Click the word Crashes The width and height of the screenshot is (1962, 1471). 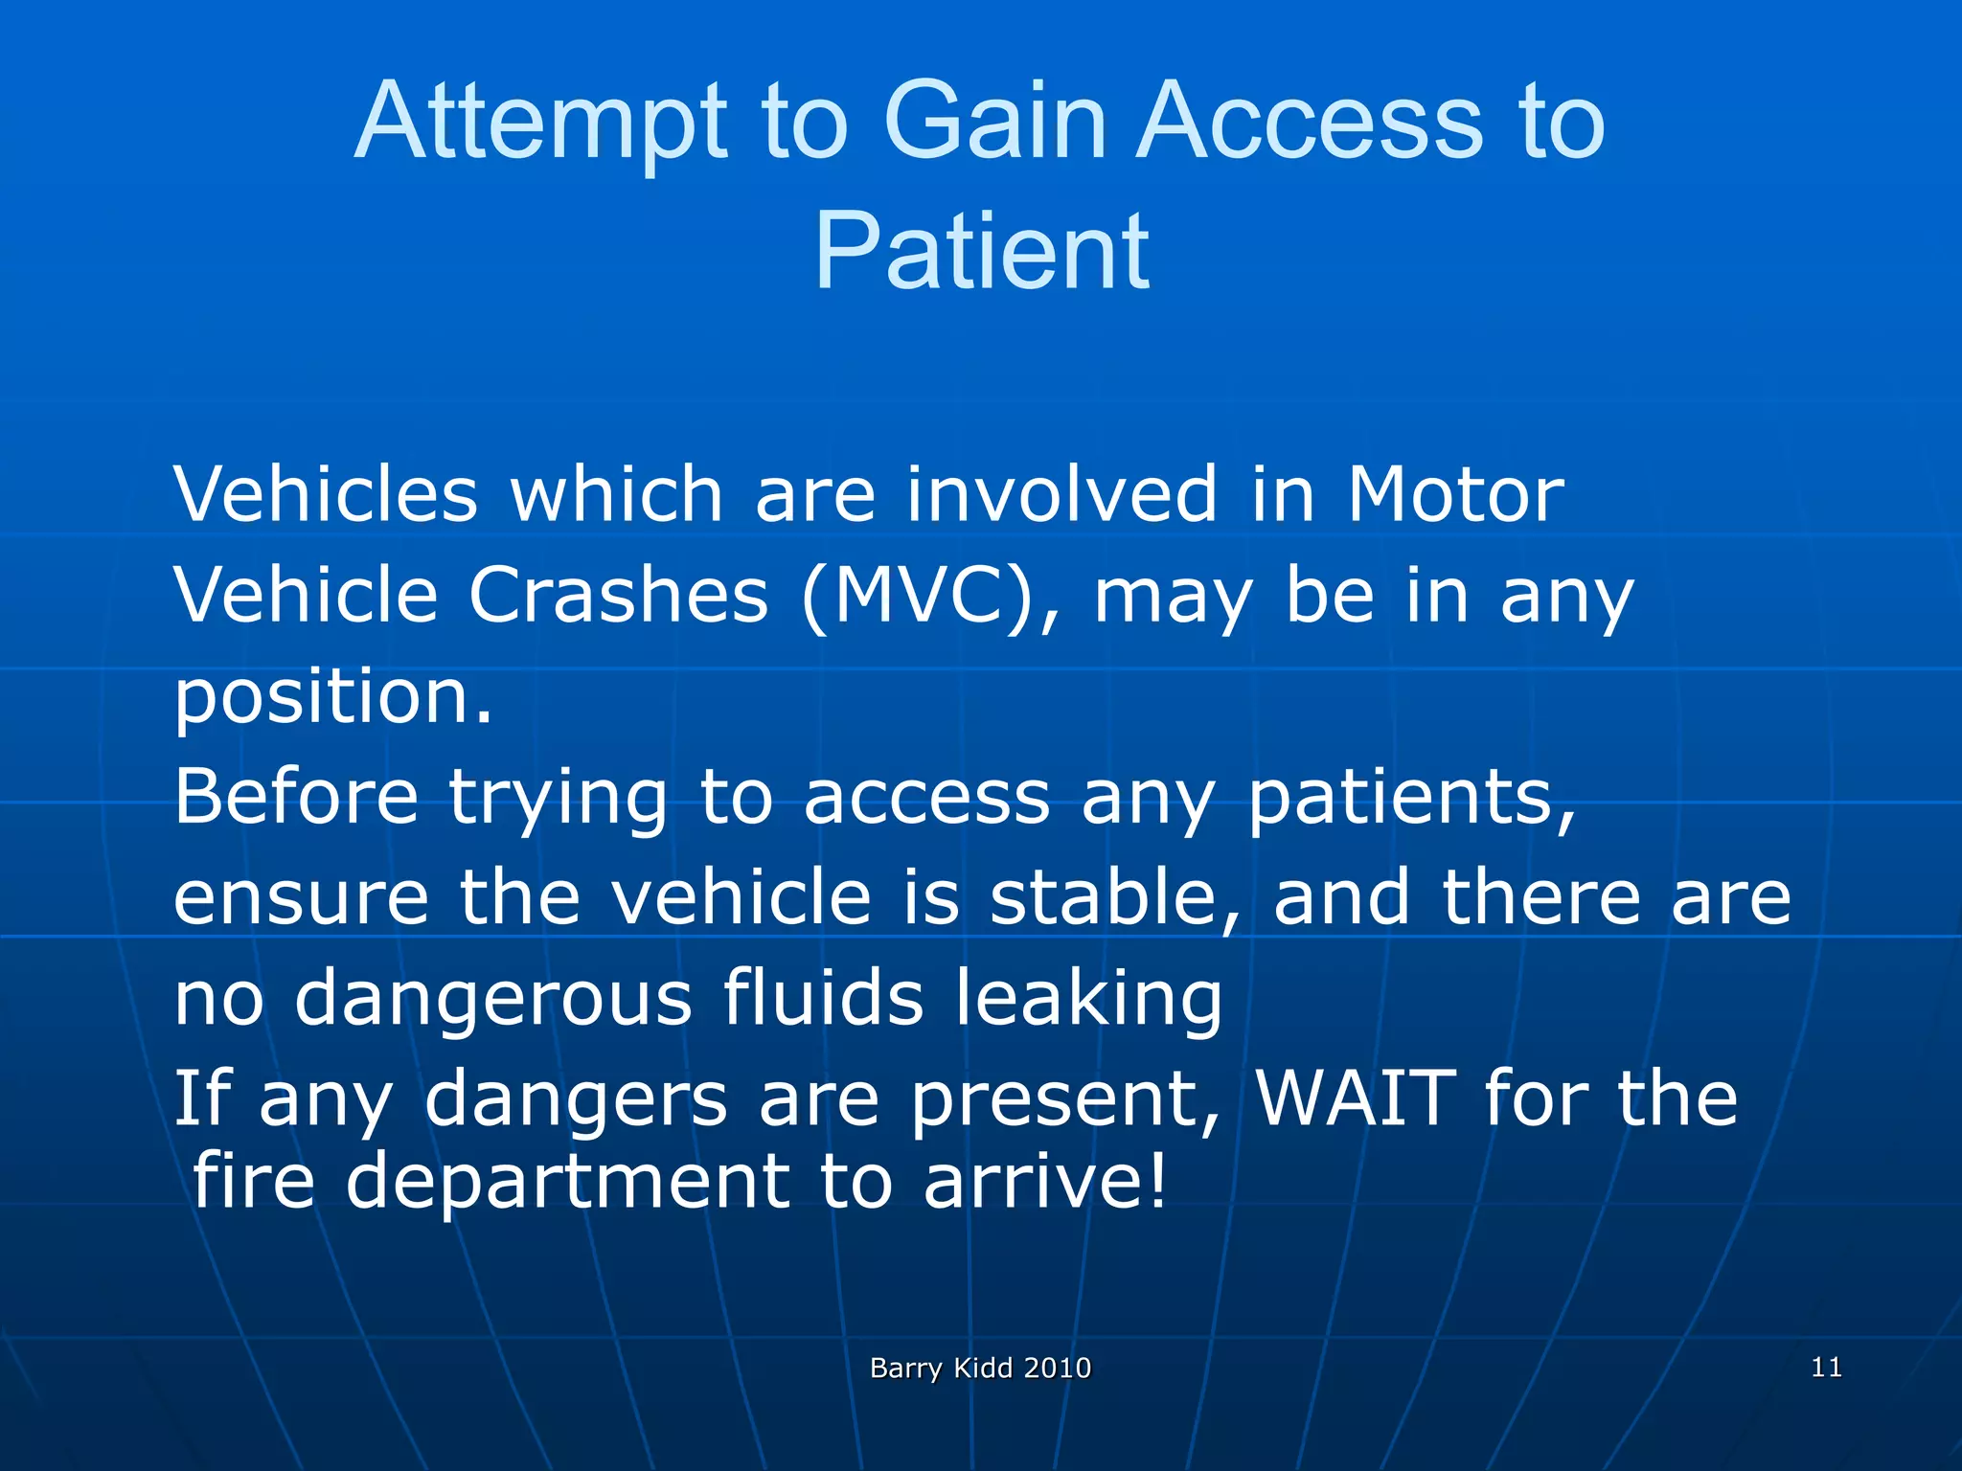(618, 595)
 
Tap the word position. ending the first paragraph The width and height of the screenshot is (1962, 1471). (332, 698)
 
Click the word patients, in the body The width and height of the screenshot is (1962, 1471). (1412, 799)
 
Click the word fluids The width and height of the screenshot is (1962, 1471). (823, 997)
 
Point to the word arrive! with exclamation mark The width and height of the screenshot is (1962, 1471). (1045, 1182)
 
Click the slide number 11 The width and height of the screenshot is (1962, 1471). (1826, 1367)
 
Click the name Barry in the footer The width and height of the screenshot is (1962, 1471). (905, 1369)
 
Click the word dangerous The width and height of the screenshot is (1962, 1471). (492, 999)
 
